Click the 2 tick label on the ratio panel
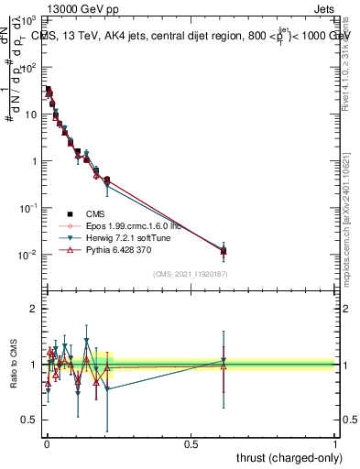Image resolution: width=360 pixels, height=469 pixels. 33,309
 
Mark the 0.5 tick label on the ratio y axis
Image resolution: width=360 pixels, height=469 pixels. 28,420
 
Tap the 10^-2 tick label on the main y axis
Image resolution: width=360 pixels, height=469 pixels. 27,255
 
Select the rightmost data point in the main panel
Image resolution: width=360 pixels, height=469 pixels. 224,250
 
